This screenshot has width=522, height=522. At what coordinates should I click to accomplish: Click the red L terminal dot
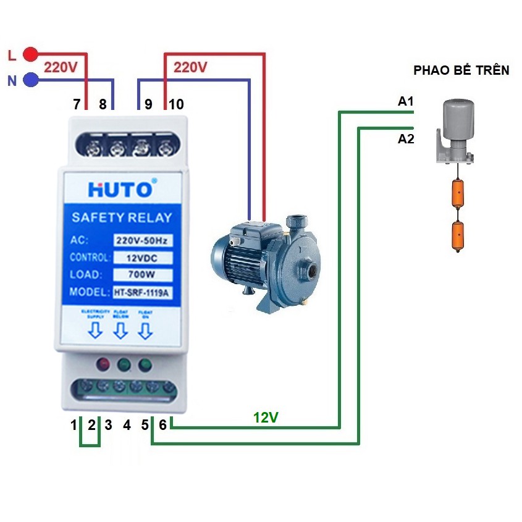30,54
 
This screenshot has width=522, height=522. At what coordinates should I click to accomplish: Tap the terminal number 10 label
176,104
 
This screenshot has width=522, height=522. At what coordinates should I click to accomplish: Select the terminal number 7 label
77,104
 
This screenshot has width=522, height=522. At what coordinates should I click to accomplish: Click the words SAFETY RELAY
122,217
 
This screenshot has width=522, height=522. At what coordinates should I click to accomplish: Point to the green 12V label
266,418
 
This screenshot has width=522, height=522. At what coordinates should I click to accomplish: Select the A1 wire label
406,101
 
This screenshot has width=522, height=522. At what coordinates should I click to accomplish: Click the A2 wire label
406,139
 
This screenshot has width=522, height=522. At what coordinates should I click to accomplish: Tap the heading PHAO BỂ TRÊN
461,70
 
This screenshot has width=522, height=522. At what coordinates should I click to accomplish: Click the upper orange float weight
458,193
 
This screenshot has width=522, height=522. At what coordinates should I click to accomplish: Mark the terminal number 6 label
162,424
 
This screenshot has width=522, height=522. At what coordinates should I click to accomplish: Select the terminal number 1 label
74,424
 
